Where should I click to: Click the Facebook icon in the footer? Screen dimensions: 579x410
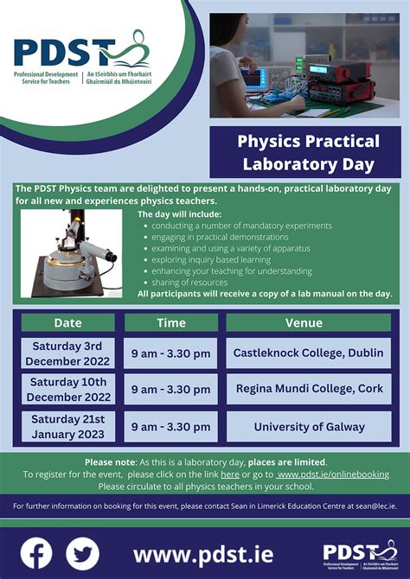pos(36,553)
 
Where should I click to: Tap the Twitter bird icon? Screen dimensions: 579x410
pos(83,553)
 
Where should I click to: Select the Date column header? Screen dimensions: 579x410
pos(67,323)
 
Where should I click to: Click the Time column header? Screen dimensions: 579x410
pos(170,323)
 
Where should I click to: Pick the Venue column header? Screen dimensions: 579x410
pos(309,323)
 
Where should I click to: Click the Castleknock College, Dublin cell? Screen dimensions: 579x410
pos(309,353)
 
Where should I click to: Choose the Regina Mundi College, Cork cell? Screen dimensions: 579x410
pos(309,389)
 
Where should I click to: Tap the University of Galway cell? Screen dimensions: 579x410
pos(309,427)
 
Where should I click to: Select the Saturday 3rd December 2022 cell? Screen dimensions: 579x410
pos(67,353)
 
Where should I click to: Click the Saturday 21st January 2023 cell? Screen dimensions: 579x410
pos(67,427)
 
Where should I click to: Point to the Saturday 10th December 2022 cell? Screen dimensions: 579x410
pos(67,389)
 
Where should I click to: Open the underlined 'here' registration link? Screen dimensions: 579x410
pos(230,474)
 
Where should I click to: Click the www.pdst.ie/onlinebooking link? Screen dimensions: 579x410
pos(332,474)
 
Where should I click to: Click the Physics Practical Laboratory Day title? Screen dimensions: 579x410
pos(308,152)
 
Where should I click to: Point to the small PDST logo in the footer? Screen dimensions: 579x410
pos(359,554)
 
